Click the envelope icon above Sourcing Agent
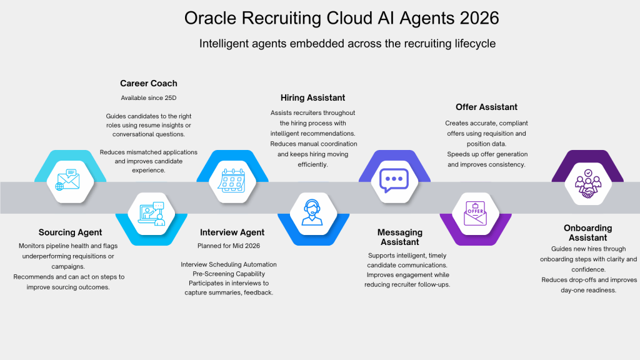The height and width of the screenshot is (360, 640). (x=67, y=180)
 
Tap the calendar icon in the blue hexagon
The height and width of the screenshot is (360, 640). (x=231, y=181)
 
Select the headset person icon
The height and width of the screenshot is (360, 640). (x=312, y=212)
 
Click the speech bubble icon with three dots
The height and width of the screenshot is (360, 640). (x=394, y=181)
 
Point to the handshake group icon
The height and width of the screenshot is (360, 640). (x=587, y=184)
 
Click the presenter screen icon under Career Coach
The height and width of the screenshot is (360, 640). (x=151, y=214)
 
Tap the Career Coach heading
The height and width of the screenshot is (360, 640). (x=149, y=83)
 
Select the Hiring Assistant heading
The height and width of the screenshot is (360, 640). (x=312, y=97)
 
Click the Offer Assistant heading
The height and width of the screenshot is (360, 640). (x=486, y=107)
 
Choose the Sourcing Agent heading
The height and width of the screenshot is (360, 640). (x=70, y=232)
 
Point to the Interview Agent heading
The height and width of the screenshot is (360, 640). (x=232, y=232)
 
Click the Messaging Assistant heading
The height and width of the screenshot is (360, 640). (x=400, y=237)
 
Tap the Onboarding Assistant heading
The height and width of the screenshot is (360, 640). (x=587, y=232)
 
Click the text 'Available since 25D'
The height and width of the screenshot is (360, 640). (x=149, y=98)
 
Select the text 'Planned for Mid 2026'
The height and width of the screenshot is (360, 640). (x=229, y=246)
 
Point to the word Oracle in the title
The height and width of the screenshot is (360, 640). (x=210, y=18)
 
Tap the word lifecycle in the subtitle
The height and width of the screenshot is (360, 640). (x=475, y=44)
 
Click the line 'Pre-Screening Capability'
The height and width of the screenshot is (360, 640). (x=229, y=274)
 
